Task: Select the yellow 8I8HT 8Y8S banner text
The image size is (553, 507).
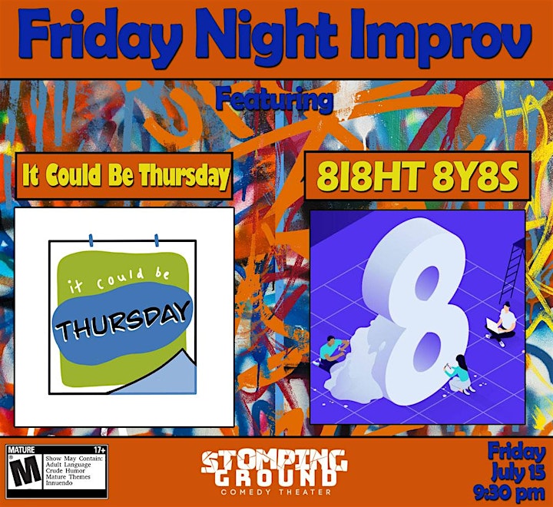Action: (x=417, y=176)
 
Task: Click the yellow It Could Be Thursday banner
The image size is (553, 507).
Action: (x=125, y=176)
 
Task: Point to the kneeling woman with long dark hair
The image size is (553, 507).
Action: (x=458, y=374)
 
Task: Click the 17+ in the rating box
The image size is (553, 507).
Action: (x=99, y=450)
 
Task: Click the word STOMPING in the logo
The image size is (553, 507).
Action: (x=274, y=462)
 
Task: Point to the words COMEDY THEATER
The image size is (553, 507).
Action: (x=276, y=492)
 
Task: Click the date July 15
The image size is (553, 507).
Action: (x=518, y=472)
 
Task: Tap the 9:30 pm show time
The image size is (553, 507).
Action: (x=510, y=492)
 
